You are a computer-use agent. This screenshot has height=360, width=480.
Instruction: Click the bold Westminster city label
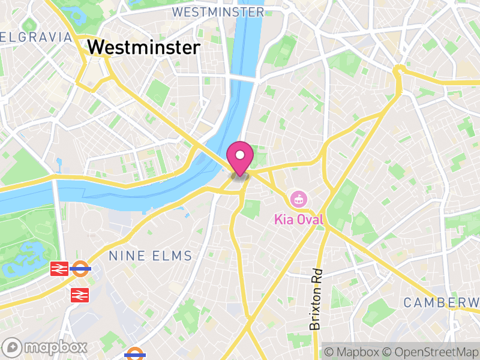coord(143,47)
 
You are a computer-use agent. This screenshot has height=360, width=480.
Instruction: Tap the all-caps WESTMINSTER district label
coord(217,12)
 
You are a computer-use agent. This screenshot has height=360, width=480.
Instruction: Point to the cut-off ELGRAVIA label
coord(36,37)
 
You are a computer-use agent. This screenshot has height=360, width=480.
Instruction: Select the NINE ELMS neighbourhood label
coord(151,256)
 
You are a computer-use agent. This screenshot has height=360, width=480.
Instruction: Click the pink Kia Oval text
coord(299,220)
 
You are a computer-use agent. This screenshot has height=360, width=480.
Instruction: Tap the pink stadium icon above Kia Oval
coord(298,199)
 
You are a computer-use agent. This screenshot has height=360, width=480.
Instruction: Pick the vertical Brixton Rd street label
coord(316,299)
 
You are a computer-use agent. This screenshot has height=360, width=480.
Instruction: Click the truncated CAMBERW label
coord(441,302)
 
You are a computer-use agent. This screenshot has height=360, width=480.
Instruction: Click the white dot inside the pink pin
coord(240,155)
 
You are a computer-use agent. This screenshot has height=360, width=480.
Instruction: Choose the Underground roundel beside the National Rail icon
coord(80,269)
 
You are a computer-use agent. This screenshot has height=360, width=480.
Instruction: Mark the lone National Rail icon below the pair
coord(79,295)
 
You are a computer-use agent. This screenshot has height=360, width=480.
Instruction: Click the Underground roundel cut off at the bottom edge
coord(136,355)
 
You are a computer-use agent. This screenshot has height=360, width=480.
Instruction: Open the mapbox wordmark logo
coord(45,347)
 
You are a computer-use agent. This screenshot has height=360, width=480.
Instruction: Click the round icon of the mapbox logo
coord(13,347)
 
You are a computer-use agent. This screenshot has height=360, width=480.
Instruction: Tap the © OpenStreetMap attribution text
coord(430,352)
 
